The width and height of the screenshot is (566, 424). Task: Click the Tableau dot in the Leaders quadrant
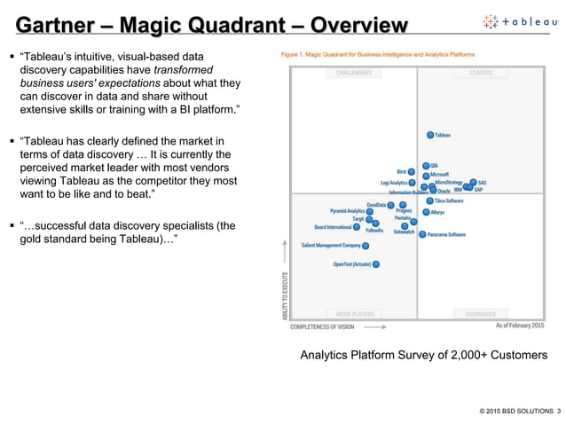[430, 135]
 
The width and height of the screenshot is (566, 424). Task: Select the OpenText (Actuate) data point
[376, 263]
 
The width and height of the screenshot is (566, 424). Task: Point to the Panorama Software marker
[421, 234]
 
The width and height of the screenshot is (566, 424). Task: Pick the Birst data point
[412, 171]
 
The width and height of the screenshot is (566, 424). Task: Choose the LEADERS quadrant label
[480, 73]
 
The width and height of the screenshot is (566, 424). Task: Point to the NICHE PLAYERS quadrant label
[353, 314]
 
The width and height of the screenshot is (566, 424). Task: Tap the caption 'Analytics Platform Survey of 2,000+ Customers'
[423, 356]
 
